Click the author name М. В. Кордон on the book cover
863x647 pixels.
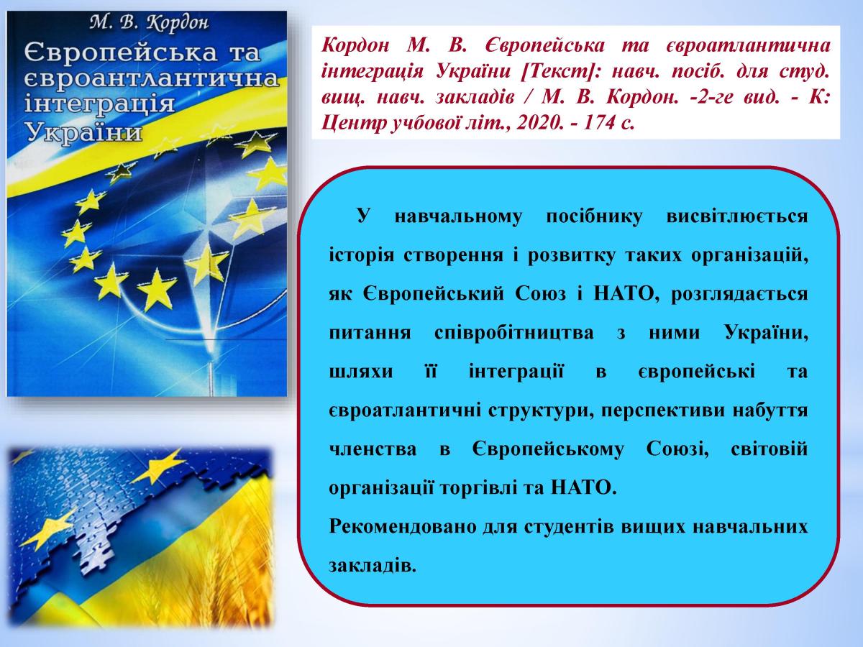[x=149, y=23]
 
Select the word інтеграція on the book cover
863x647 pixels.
[x=99, y=104]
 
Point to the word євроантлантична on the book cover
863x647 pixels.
[x=152, y=78]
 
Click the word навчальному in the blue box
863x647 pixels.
[x=458, y=216]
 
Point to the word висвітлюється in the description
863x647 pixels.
[x=737, y=216]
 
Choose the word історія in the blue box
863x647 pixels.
[x=361, y=255]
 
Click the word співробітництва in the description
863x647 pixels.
[x=514, y=333]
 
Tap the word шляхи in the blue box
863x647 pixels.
[x=361, y=372]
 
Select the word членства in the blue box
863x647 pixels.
[x=373, y=449]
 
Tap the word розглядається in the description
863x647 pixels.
[x=739, y=294]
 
